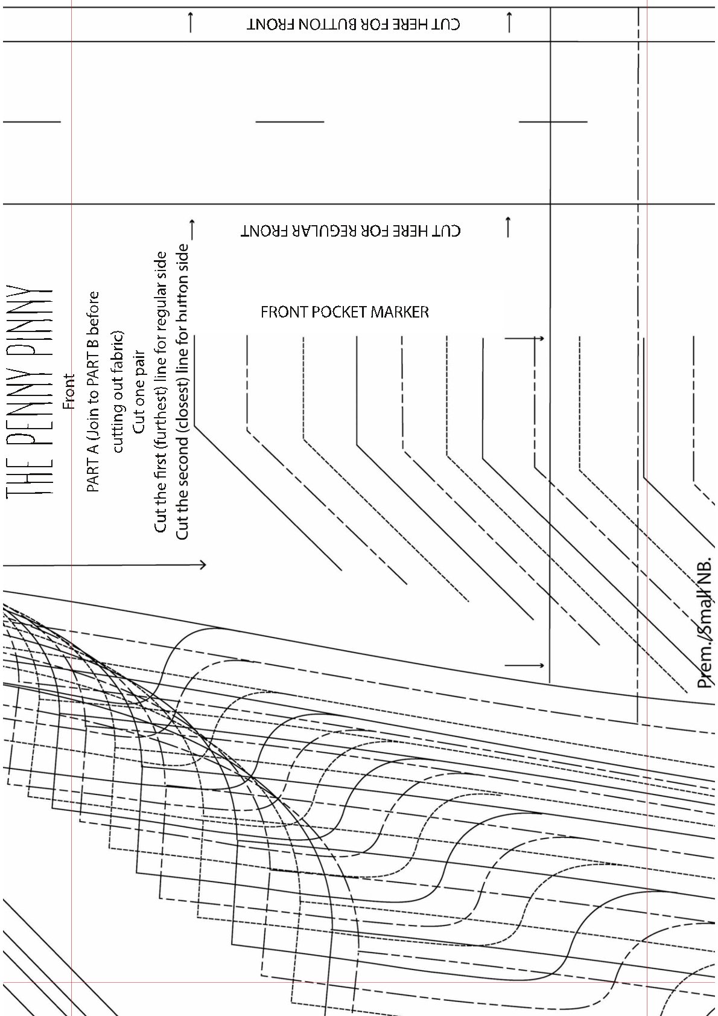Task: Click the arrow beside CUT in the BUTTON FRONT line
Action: (509, 23)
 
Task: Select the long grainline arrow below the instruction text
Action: (105, 564)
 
